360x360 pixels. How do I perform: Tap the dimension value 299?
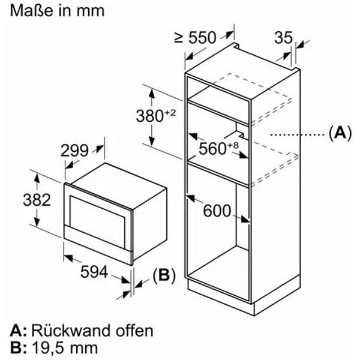pyautogui.click(x=74, y=151)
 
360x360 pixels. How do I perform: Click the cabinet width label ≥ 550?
pyautogui.click(x=194, y=38)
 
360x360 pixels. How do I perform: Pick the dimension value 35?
pyautogui.click(x=283, y=38)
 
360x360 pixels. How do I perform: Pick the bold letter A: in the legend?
pyautogui.click(x=17, y=330)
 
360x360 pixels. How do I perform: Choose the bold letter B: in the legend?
pyautogui.click(x=17, y=347)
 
